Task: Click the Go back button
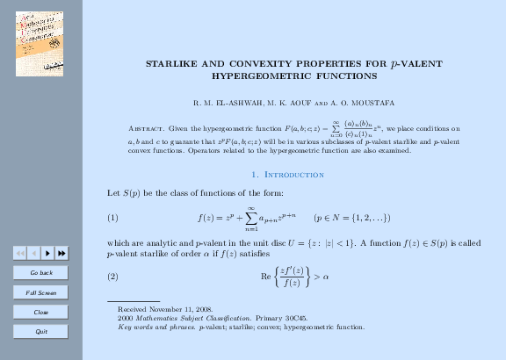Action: click(x=40, y=273)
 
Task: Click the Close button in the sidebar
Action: click(x=40, y=312)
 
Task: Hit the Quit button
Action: click(x=40, y=331)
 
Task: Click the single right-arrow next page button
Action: click(x=47, y=253)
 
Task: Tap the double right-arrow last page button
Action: click(x=61, y=253)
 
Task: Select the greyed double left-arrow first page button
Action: click(x=20, y=253)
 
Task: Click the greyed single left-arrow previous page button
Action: click(x=33, y=253)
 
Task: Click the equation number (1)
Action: click(x=112, y=217)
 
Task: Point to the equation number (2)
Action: click(x=112, y=277)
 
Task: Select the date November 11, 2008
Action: click(x=185, y=310)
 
